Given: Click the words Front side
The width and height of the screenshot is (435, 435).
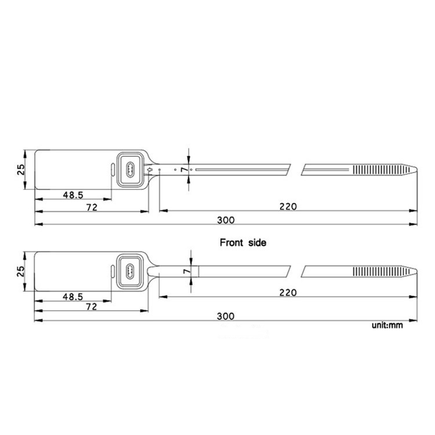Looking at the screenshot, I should click(x=243, y=242).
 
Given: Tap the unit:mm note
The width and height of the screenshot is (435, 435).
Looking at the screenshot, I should click(x=387, y=325).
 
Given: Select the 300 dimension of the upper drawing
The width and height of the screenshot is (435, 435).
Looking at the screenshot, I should click(x=226, y=220).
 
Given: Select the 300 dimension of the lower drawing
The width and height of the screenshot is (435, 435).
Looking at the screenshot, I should click(x=226, y=316).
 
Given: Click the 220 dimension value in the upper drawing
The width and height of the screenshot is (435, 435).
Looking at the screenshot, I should click(x=288, y=207).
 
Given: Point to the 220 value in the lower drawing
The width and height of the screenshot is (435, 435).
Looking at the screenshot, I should click(x=288, y=293).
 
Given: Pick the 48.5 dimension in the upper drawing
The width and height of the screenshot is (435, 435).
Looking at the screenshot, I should click(x=73, y=195).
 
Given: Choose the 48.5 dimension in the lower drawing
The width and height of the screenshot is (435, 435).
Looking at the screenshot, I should click(x=73, y=297).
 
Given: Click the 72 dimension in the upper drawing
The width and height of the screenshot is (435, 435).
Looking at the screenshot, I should click(x=92, y=207).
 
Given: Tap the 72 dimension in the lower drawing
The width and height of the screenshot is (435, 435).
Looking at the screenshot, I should click(x=92, y=307).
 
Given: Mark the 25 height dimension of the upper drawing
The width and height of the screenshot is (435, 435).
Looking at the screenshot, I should click(x=21, y=169).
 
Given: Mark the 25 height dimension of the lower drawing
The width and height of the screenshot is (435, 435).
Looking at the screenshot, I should click(x=21, y=271).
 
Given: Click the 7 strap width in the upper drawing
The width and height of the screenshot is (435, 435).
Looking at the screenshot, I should click(x=185, y=170).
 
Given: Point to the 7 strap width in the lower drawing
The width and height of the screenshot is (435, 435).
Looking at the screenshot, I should click(x=187, y=271).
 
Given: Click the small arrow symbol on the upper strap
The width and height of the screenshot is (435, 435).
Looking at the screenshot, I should click(x=149, y=169).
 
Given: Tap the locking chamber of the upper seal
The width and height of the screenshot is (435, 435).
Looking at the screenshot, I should click(x=130, y=169).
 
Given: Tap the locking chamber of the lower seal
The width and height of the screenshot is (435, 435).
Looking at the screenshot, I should click(x=130, y=271).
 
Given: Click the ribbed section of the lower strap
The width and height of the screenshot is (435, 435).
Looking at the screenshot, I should click(x=378, y=271).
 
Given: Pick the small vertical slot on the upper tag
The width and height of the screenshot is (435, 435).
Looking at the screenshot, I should click(x=112, y=170).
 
